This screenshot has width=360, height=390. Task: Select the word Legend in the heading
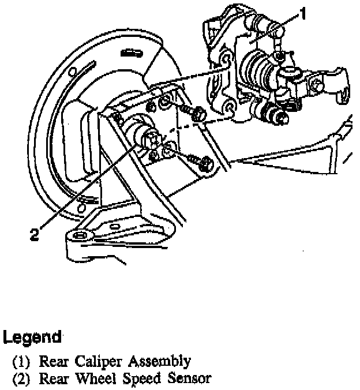[x=32, y=337]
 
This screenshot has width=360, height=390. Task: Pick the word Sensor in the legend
[x=190, y=379]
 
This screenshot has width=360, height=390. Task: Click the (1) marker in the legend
[x=21, y=362]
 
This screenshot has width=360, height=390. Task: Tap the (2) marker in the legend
[x=21, y=379]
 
